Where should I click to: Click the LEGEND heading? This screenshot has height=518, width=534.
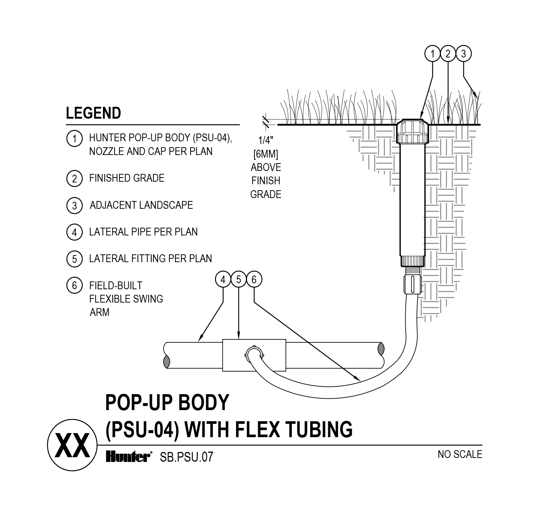93,113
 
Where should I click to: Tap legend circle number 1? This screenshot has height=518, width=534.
74,139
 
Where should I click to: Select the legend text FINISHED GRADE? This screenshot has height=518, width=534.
126,178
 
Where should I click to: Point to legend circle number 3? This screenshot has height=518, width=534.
74,205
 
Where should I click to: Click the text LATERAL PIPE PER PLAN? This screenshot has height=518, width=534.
143,232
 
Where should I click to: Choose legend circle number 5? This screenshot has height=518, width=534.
74,259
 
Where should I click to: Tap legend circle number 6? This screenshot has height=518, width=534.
74,286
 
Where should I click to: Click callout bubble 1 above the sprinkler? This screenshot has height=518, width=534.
432,54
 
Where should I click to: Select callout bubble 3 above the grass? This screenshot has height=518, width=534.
463,54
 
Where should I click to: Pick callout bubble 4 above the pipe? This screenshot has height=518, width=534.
223,280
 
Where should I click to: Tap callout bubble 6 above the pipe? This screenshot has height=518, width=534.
254,280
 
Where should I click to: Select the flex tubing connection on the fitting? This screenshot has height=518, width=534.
254,353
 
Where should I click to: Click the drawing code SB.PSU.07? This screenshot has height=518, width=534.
187,457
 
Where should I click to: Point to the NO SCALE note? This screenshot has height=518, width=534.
459,454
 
